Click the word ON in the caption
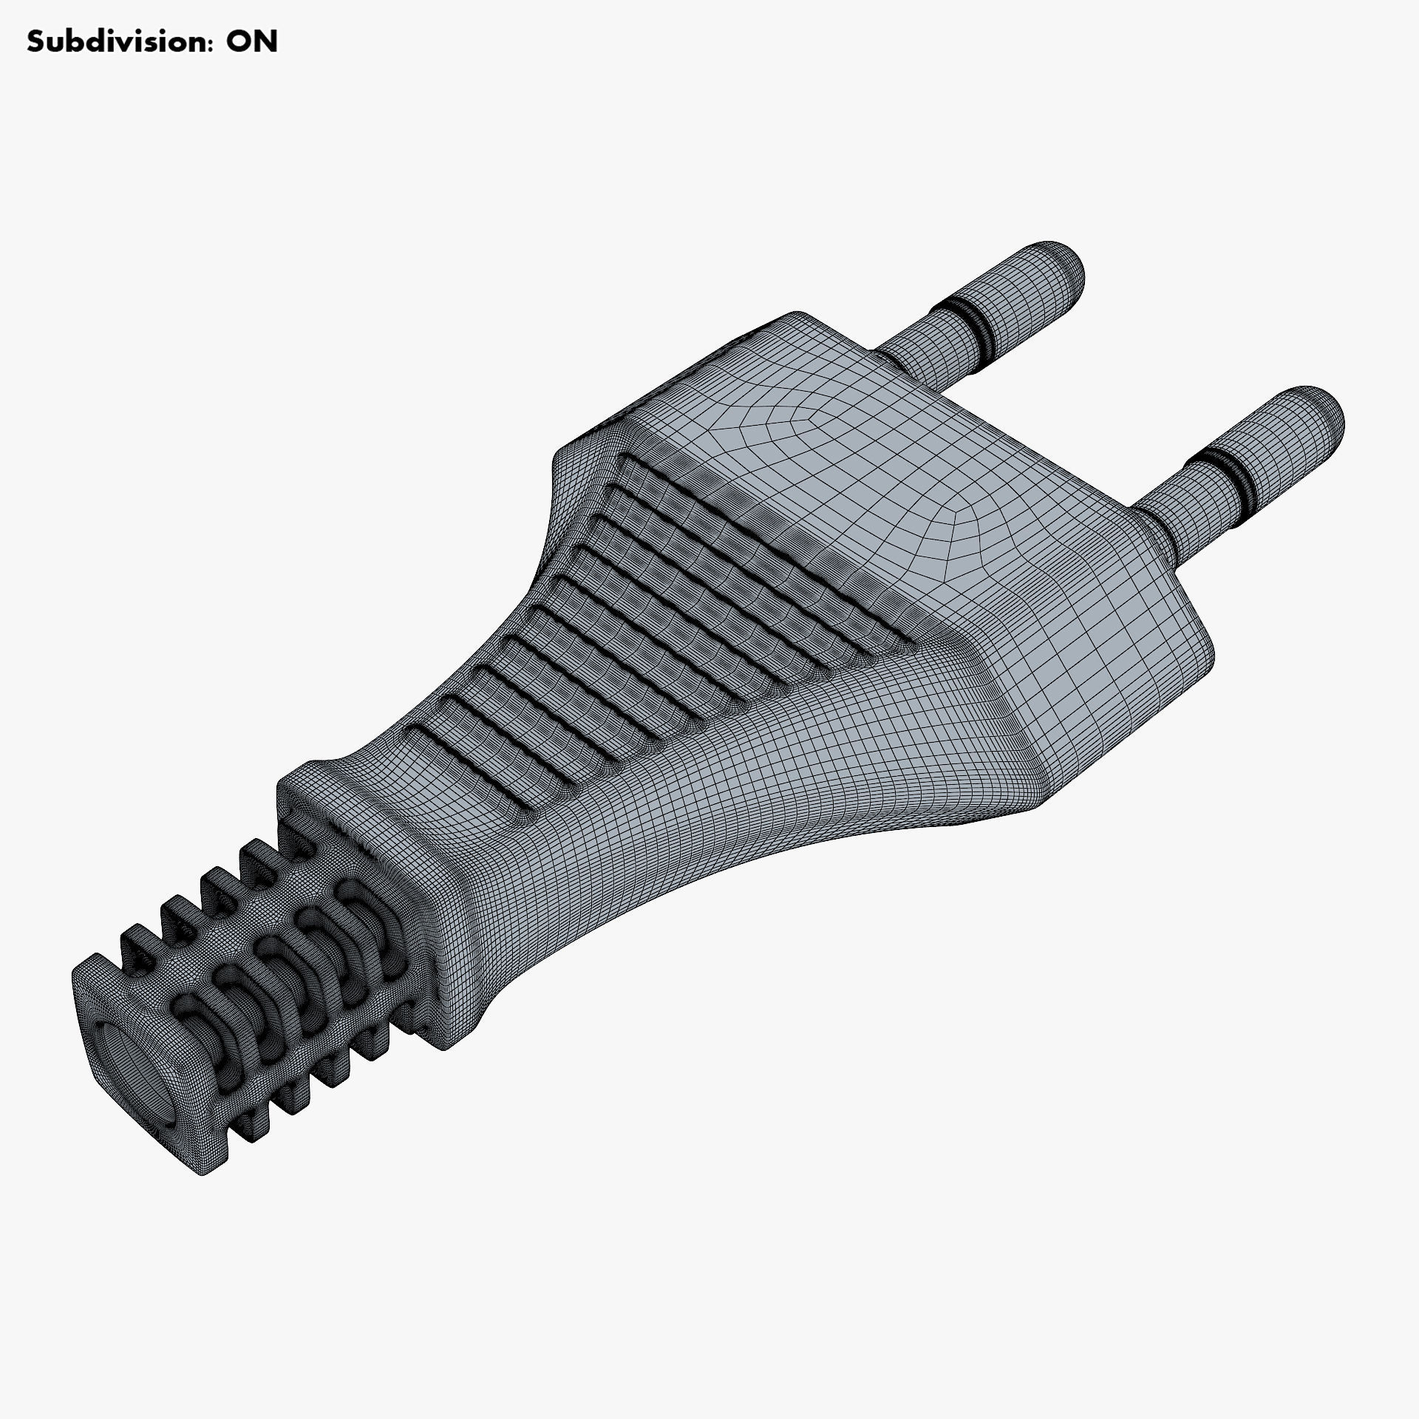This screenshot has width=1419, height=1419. (251, 42)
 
